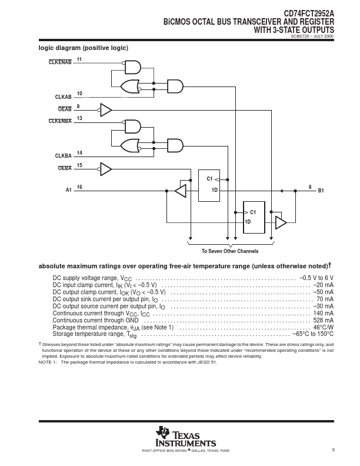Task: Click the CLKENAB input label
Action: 60,62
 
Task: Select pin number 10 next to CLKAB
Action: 79,94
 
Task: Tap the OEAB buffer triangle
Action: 106,110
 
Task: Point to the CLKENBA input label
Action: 60,121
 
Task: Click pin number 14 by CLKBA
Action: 79,153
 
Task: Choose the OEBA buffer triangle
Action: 106,169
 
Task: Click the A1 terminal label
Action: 69,190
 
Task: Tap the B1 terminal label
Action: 321,191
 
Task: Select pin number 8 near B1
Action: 310,187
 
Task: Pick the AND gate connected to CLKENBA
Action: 133,127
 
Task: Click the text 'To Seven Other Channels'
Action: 230,251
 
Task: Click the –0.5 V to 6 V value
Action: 316,278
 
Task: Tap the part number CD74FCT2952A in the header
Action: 309,14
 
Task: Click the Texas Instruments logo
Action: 186,437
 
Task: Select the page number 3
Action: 333,450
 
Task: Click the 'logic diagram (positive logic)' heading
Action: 84,48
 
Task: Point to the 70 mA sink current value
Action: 325,299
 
